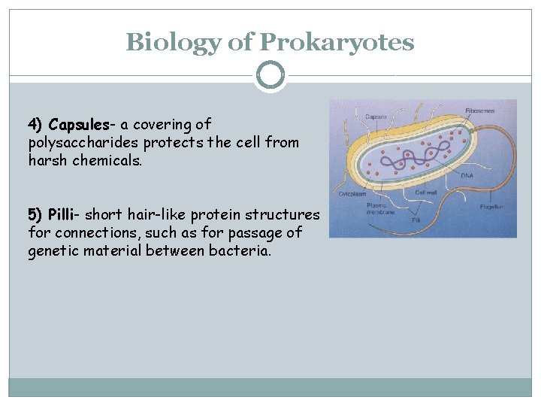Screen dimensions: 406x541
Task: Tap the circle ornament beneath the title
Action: [x=270, y=76]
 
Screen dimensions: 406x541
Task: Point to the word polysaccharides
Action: [x=83, y=142]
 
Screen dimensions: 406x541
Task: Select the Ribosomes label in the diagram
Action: [x=479, y=111]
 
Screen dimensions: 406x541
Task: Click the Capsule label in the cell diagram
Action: [x=376, y=117]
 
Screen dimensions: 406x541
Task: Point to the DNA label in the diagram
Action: [x=467, y=175]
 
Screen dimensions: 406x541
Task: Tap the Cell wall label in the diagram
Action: [x=427, y=193]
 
